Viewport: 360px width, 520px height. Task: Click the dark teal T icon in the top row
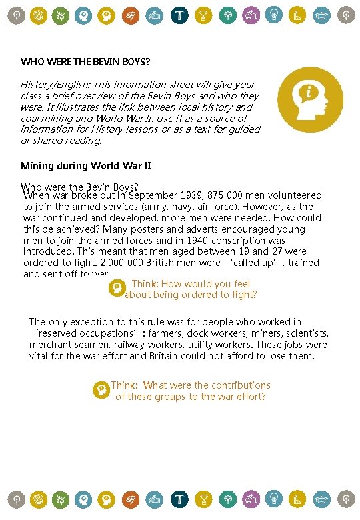179,14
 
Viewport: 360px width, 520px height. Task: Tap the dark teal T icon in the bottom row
179,499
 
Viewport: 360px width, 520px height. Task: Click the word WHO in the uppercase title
31,62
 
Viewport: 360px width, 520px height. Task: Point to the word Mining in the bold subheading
37,165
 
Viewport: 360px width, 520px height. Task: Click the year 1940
199,241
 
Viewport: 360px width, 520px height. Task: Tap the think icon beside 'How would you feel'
116,288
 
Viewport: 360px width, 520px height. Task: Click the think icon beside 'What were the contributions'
101,389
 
